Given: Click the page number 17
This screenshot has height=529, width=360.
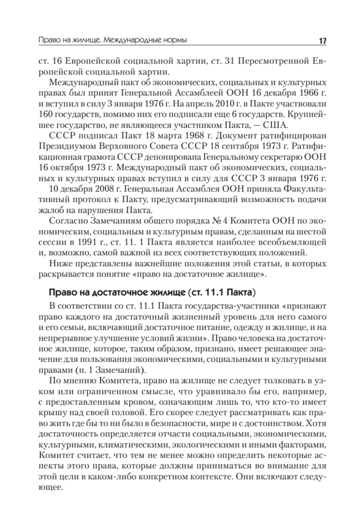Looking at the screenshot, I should click(322, 41).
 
